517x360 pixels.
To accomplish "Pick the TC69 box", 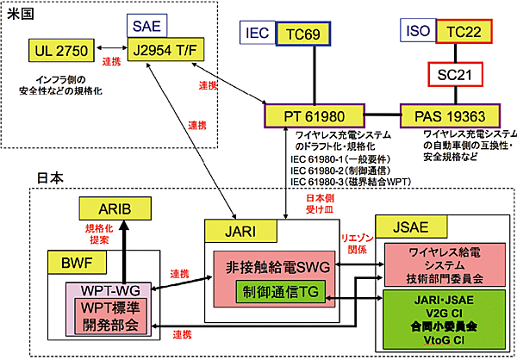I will pos(302,35).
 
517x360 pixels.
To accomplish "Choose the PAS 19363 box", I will pos(448,115).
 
